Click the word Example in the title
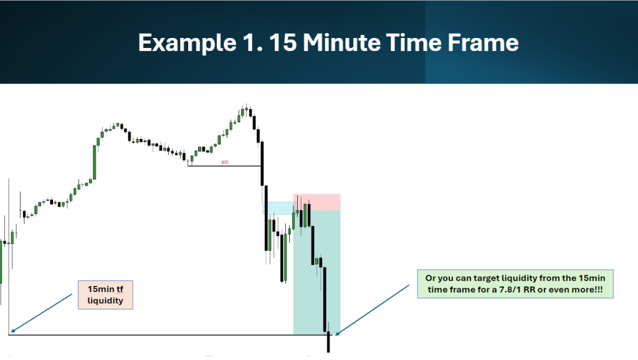click(x=187, y=43)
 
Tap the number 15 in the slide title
click(x=282, y=42)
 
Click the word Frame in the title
click(x=483, y=42)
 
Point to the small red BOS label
click(x=225, y=163)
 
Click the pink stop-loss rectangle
click(x=317, y=202)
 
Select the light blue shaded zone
click(x=278, y=208)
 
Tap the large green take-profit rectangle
click(x=317, y=272)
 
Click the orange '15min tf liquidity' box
click(x=105, y=295)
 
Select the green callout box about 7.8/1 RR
click(x=515, y=284)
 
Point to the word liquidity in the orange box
click(x=105, y=301)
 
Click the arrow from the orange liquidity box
click(x=42, y=313)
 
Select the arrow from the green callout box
click(x=372, y=310)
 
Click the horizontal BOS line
click(x=224, y=166)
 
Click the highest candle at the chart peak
click(x=246, y=110)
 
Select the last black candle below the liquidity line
click(x=328, y=342)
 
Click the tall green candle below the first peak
click(x=95, y=162)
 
